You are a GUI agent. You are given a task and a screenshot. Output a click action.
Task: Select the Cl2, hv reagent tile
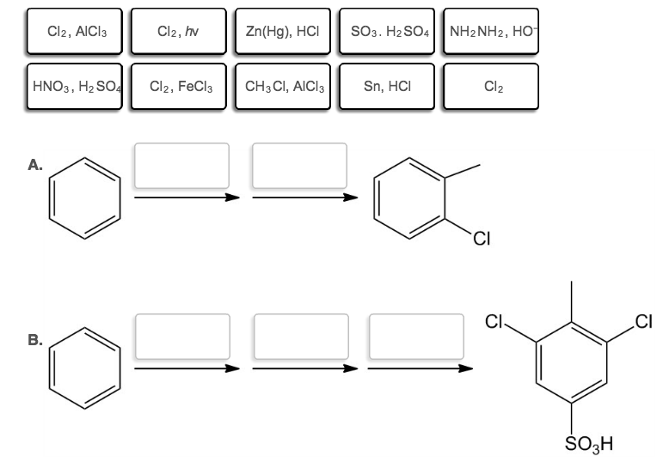tap(179, 32)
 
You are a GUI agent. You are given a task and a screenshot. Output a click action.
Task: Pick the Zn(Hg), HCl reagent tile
tap(284, 32)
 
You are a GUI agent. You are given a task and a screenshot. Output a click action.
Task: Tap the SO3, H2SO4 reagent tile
tap(388, 32)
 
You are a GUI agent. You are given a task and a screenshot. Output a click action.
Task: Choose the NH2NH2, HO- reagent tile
tap(491, 32)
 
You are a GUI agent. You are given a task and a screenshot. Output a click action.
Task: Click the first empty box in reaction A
tap(181, 165)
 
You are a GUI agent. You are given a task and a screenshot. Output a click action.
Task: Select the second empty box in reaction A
tap(299, 165)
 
